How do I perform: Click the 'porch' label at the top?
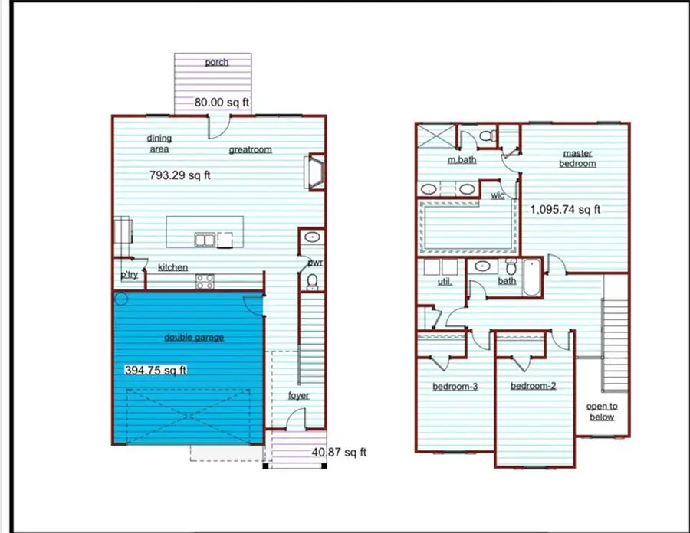217,62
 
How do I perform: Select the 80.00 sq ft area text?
222,102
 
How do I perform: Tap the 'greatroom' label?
250,149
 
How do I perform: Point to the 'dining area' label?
159,143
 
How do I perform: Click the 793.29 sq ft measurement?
179,175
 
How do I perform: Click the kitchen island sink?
204,240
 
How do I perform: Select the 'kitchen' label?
173,267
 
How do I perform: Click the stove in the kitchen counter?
205,282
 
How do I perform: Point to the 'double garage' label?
194,337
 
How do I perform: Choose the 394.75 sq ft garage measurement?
156,371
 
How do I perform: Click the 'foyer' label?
298,396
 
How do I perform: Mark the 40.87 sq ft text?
339,453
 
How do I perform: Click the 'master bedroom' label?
577,159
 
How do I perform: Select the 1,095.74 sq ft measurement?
566,209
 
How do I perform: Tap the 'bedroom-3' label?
455,387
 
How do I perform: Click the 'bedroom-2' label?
533,386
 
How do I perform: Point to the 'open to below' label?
601,411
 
